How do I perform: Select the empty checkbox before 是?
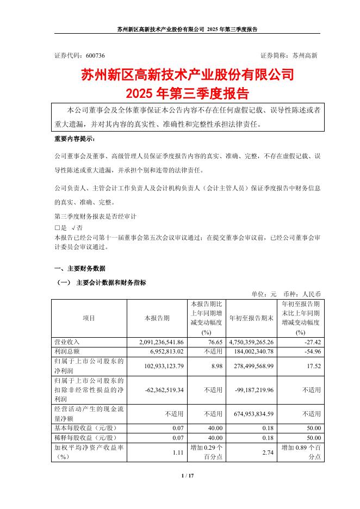58,228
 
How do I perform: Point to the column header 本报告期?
157,318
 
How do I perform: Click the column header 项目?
88,318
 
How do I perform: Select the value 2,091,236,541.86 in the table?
158,342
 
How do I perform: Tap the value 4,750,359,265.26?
250,342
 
